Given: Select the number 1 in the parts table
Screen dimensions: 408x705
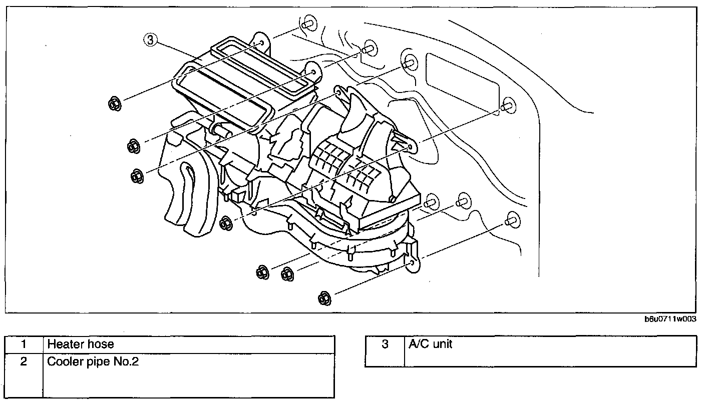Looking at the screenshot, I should [24, 344].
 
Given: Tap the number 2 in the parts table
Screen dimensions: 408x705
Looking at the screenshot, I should [24, 361].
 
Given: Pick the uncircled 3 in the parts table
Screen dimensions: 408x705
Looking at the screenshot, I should [385, 344].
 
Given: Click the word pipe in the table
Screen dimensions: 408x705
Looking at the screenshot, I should [98, 361].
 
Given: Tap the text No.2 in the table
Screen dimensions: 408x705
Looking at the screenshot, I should [125, 361].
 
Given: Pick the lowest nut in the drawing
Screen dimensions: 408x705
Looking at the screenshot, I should [324, 298].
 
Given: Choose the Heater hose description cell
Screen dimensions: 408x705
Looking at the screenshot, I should [188, 344].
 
